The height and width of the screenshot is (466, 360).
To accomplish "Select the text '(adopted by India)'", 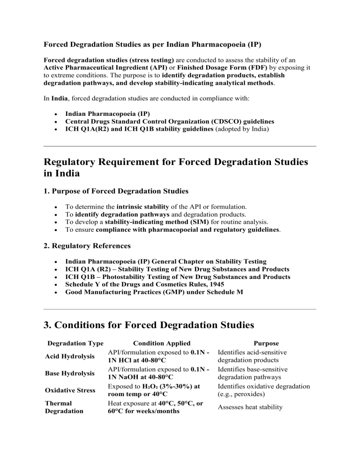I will tap(240, 129).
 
